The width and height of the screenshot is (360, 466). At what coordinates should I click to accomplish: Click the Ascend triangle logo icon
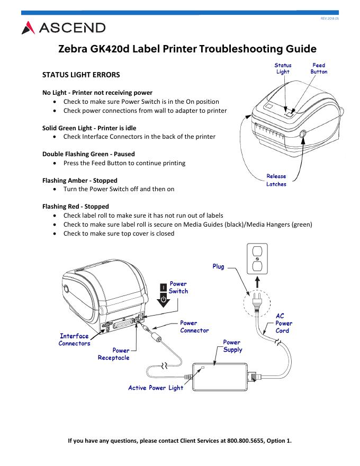click(28, 28)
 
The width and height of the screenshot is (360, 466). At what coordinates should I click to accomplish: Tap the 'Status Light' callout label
click(283, 69)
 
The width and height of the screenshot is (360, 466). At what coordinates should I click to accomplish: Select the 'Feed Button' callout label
click(319, 69)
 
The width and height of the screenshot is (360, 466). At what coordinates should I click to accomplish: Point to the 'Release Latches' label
click(276, 180)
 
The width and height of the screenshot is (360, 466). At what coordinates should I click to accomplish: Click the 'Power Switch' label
click(178, 288)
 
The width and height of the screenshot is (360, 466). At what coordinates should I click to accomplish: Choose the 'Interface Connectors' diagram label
click(74, 339)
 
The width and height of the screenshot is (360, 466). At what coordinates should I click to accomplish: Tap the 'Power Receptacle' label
click(113, 354)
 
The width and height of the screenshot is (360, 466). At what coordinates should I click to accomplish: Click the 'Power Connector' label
click(194, 326)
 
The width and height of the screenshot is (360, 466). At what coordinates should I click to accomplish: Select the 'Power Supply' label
click(232, 346)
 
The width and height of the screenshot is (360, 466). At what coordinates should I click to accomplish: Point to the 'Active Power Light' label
click(156, 388)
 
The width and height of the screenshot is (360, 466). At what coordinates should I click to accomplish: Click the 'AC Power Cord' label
click(284, 323)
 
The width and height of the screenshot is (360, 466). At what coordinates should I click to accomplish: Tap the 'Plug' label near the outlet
click(218, 267)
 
